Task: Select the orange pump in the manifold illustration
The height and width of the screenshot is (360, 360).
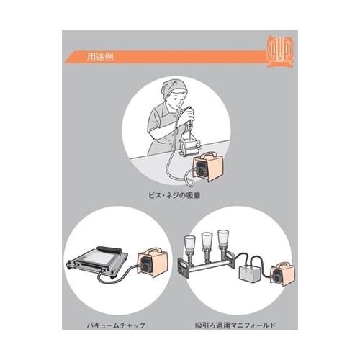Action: pos(282,273)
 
